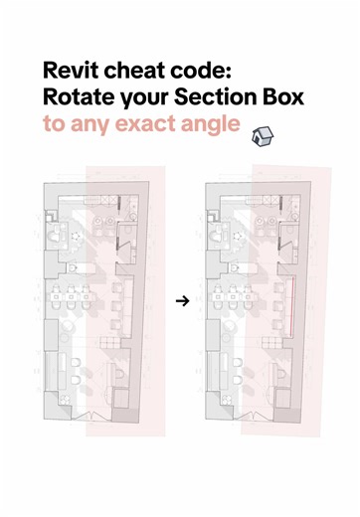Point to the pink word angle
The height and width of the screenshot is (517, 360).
(x=204, y=126)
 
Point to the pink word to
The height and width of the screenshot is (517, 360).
(x=55, y=126)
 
